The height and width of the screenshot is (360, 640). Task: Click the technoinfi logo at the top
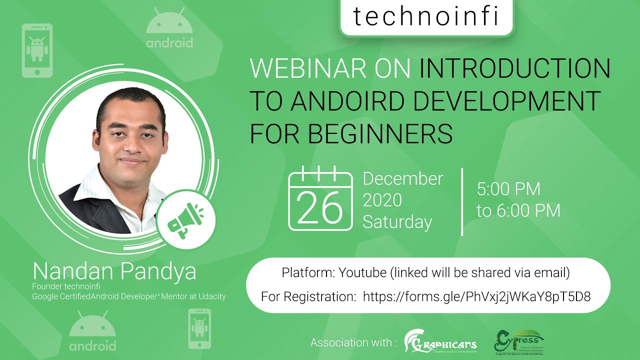[426, 17]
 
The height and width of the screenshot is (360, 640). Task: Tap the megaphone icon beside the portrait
[185, 219]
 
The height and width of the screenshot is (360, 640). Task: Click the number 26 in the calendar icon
[320, 207]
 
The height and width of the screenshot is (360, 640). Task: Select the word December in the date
[403, 178]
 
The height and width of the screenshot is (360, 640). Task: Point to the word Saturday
[397, 222]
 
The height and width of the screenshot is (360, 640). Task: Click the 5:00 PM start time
[508, 189]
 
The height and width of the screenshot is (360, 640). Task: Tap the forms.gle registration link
[476, 296]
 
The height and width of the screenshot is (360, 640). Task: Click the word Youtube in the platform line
[362, 273]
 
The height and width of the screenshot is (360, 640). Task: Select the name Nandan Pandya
[114, 271]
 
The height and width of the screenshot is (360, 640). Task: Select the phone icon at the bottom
[199, 328]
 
